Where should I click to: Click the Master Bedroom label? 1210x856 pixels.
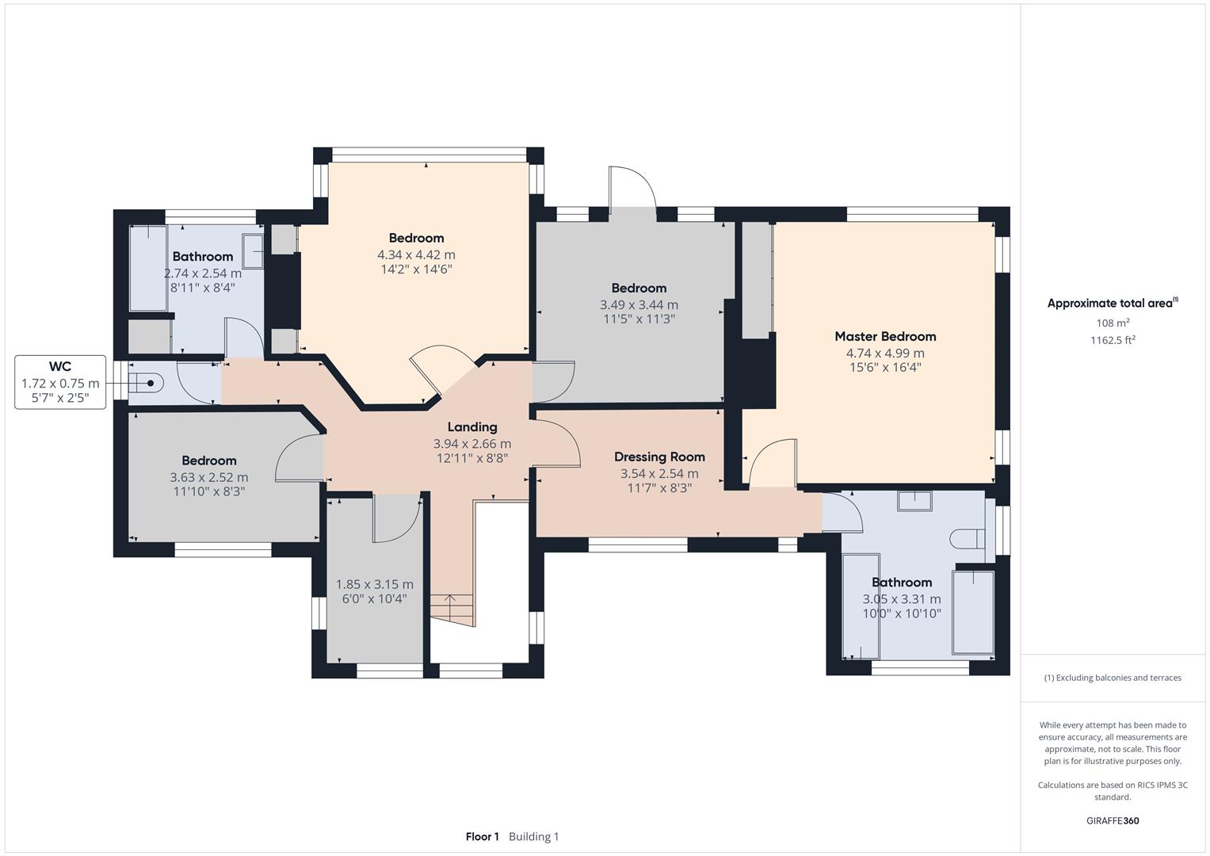(885, 336)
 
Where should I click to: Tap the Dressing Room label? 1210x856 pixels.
(659, 457)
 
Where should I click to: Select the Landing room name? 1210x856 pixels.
(472, 427)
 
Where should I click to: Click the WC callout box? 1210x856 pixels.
(60, 382)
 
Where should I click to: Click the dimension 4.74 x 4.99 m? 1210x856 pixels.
(885, 353)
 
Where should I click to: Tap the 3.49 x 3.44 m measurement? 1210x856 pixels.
(639, 305)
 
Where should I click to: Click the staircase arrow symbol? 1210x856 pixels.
(451, 609)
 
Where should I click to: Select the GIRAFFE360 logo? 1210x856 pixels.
(1113, 821)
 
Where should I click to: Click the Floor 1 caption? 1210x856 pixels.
(482, 837)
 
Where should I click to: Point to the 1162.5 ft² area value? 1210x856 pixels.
(1113, 340)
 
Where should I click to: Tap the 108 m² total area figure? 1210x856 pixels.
(1113, 323)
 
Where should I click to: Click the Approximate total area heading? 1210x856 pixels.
(1113, 304)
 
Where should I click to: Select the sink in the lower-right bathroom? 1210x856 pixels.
(914, 500)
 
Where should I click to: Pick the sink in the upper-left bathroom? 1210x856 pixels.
(253, 250)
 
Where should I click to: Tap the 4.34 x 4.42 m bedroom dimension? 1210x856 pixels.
(416, 255)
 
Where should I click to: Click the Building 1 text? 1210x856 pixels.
(533, 837)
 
